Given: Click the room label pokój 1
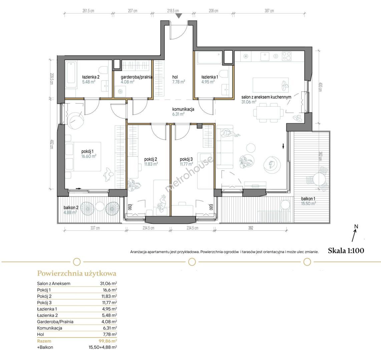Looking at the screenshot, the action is [87, 151].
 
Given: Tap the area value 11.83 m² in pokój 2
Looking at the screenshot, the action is [151, 164].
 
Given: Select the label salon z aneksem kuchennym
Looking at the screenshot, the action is [266, 97].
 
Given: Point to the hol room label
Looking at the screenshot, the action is [175, 77].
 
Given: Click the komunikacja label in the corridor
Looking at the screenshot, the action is [183, 109].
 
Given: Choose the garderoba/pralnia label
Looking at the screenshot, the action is [136, 77].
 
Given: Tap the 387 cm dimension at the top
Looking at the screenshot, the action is [269, 11].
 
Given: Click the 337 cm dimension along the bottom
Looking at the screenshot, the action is [95, 228].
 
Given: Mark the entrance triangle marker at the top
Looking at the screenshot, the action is [179, 16].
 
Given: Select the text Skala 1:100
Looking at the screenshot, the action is [346, 251].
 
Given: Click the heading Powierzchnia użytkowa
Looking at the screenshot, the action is [77, 273].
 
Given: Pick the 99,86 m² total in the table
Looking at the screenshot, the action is [108, 341].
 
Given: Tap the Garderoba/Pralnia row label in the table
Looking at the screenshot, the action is [55, 322].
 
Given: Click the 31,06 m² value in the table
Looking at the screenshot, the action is [108, 283].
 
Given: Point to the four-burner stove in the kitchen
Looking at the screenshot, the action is [287, 57].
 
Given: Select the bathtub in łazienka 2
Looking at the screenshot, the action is [71, 72].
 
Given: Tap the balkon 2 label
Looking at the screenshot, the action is [71, 208].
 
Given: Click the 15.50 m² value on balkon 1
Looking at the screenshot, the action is [309, 203].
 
